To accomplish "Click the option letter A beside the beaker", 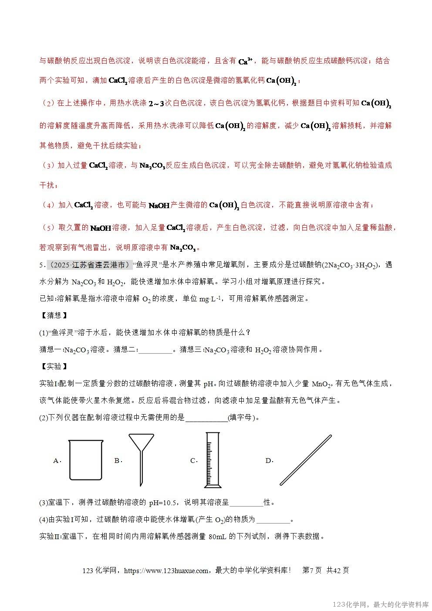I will (x=56, y=461).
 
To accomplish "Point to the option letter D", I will (x=268, y=461).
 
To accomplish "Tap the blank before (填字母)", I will (x=206, y=418).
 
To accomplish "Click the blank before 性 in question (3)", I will (x=246, y=503).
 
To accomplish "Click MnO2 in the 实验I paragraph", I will (x=321, y=384).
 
